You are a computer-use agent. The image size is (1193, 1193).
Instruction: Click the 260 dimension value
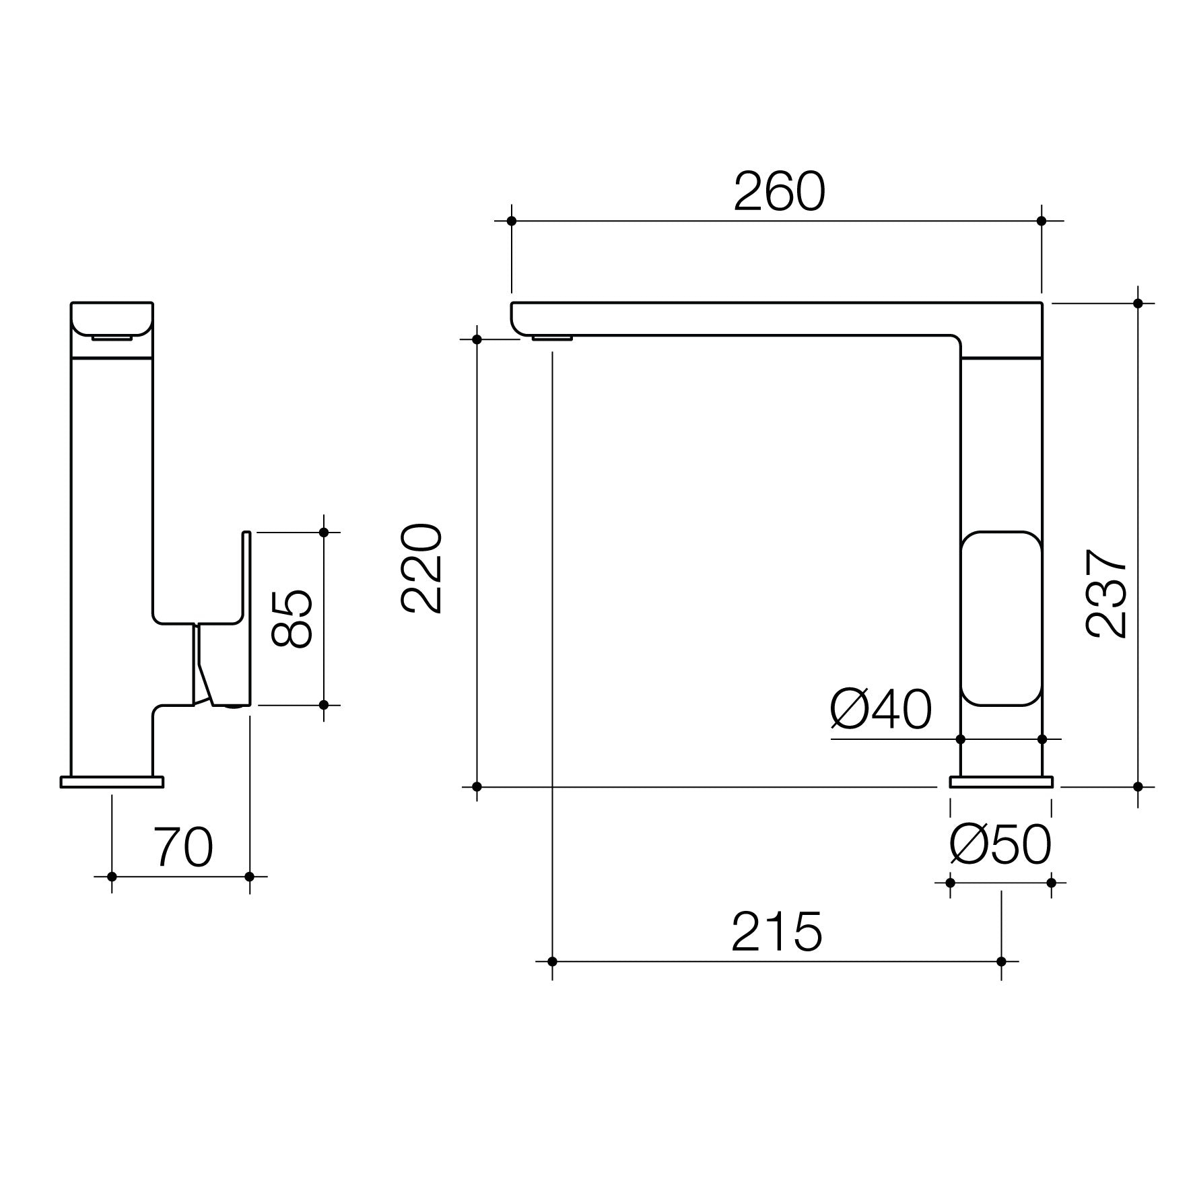click(779, 192)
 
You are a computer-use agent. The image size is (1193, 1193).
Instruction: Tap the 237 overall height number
click(1106, 592)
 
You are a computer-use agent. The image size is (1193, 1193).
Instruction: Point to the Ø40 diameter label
click(881, 710)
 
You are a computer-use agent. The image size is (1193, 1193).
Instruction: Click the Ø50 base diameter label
click(1000, 846)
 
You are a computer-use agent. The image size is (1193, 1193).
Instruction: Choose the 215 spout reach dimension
click(777, 932)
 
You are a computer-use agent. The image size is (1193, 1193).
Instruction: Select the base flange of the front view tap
click(112, 782)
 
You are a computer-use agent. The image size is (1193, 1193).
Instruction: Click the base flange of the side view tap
click(1001, 782)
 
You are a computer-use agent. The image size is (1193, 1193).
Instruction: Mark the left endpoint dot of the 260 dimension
click(511, 221)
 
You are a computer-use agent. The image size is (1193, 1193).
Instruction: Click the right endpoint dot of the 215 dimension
click(1001, 961)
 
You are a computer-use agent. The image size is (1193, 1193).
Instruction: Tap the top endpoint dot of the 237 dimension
click(1138, 303)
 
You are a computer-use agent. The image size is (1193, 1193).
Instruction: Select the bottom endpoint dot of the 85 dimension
click(323, 705)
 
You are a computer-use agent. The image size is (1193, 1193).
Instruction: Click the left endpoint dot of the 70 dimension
click(112, 877)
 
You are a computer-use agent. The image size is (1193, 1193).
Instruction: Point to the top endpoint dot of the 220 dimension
click(477, 339)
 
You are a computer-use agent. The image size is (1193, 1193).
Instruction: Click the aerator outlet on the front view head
click(112, 337)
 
